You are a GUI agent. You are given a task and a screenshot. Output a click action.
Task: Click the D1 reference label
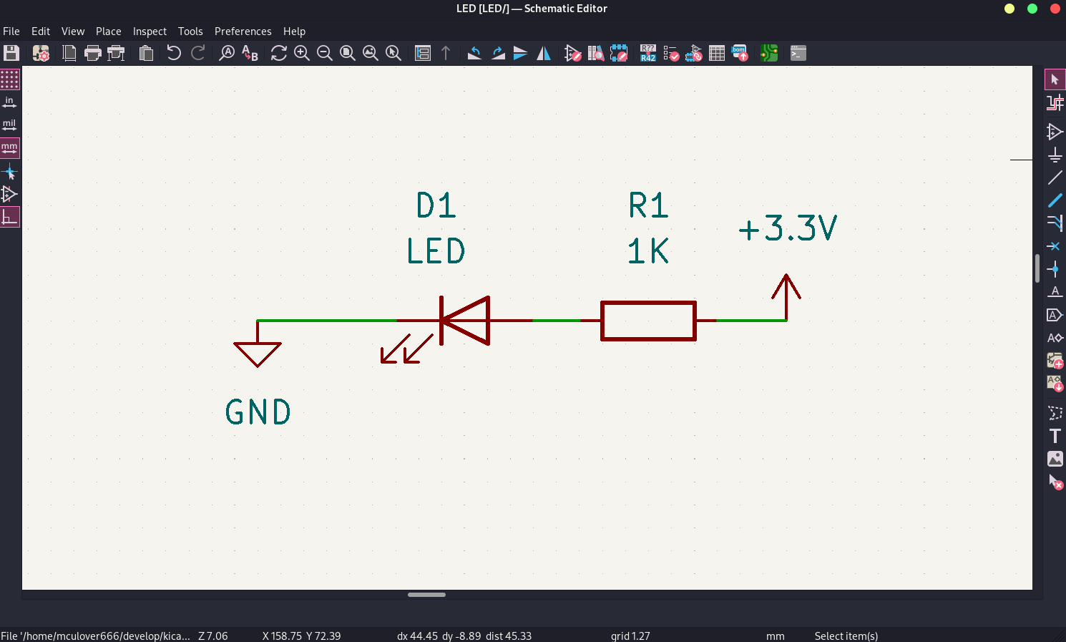[436, 206]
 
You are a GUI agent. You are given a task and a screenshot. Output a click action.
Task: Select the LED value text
[436, 251]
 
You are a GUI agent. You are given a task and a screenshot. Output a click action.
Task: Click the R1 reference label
[648, 206]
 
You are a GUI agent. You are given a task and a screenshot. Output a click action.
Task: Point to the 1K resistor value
[648, 251]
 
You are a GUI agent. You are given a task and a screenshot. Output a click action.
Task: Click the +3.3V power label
[787, 229]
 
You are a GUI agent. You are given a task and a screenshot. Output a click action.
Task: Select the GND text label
[258, 412]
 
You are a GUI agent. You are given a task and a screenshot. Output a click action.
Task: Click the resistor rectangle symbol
[648, 321]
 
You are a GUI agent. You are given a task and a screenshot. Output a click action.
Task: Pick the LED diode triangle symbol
[466, 321]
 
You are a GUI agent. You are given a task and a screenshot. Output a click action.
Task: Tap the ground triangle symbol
[258, 353]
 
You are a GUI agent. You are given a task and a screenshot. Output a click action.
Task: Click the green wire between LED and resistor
[556, 321]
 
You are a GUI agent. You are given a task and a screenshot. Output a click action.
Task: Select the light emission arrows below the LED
[406, 349]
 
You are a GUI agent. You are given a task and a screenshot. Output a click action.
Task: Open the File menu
[11, 31]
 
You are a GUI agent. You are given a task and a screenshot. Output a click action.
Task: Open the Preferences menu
[243, 31]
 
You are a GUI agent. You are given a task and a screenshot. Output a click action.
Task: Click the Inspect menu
[150, 31]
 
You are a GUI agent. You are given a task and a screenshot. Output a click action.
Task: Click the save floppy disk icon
[11, 53]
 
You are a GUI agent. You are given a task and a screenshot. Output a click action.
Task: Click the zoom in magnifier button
[302, 53]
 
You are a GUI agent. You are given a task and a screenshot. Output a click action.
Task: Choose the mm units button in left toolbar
[9, 148]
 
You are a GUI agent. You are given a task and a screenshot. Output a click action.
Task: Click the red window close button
[1055, 9]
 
